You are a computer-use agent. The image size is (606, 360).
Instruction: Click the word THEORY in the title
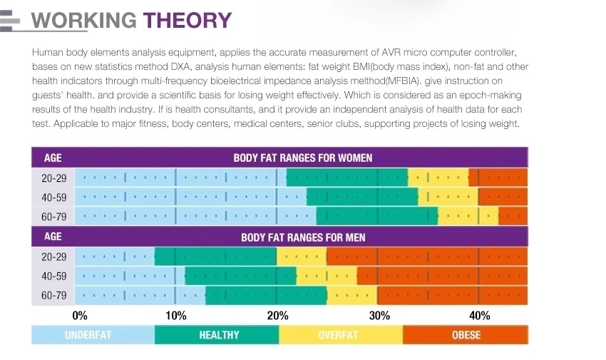click(187, 20)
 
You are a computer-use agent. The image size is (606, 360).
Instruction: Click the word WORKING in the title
click(84, 20)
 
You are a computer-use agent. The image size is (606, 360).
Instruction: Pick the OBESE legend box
click(466, 335)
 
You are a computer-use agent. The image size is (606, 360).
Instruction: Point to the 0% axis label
click(80, 315)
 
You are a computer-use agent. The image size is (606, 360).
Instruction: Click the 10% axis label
click(175, 315)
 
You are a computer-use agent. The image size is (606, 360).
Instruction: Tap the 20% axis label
click(277, 315)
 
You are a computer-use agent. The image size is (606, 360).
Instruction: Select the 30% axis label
click(379, 315)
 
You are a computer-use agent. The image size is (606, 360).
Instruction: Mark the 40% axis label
click(479, 315)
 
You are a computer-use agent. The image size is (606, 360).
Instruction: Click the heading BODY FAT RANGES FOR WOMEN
click(302, 158)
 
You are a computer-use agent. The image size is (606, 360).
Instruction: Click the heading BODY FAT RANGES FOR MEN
click(302, 237)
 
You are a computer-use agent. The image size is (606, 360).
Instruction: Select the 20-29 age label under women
click(53, 178)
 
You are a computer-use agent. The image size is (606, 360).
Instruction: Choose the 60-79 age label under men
click(53, 295)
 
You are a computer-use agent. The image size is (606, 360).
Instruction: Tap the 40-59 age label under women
click(53, 197)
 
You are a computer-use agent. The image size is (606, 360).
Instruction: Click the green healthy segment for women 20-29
click(347, 178)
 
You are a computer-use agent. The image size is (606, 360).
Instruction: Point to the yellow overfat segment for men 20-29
click(301, 257)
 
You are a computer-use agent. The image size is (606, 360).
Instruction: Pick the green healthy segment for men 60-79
click(266, 295)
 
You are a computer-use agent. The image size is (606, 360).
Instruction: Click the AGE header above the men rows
click(53, 236)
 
